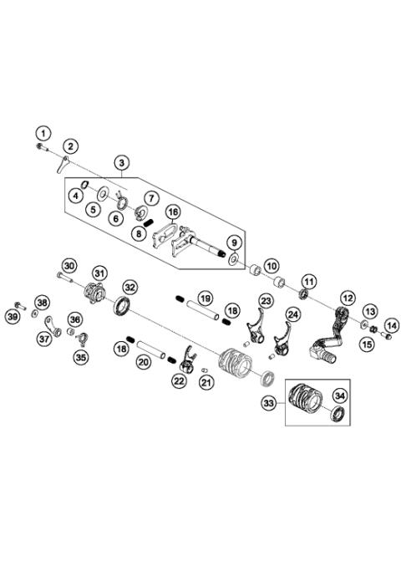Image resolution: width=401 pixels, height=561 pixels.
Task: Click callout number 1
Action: [x=42, y=132]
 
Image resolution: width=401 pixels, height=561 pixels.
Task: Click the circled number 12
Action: [x=348, y=297]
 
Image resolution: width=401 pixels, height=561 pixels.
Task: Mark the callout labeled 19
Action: [x=205, y=298]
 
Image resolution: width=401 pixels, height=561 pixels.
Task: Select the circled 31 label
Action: [x=99, y=274]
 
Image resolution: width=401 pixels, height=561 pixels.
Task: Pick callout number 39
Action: [x=13, y=316]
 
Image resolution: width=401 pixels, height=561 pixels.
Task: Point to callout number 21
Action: [x=206, y=382]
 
